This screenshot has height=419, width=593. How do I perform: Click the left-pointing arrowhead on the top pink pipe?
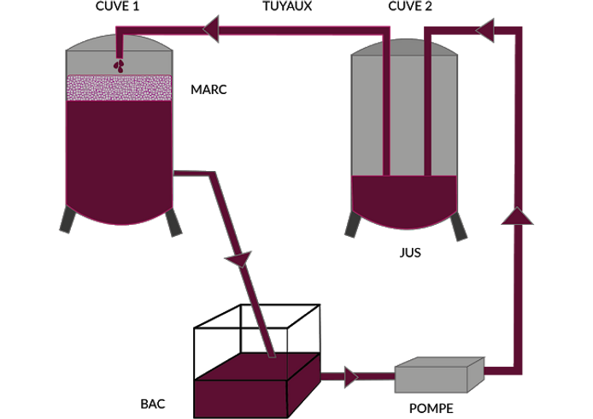[211, 30]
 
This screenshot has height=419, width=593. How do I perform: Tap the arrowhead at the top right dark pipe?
[485, 32]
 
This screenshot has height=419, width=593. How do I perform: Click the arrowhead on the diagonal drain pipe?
[240, 257]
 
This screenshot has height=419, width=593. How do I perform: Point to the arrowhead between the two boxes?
[350, 375]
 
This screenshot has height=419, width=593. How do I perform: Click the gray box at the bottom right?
[439, 375]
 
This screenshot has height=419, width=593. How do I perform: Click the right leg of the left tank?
[174, 223]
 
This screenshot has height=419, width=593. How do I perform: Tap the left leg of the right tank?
[351, 224]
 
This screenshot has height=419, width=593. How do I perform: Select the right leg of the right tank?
[459, 227]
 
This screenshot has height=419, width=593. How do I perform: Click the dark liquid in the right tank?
[406, 201]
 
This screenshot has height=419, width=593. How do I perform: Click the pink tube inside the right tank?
[386, 111]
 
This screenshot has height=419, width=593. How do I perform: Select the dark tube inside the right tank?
[426, 111]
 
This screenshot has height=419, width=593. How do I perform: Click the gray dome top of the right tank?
[406, 47]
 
